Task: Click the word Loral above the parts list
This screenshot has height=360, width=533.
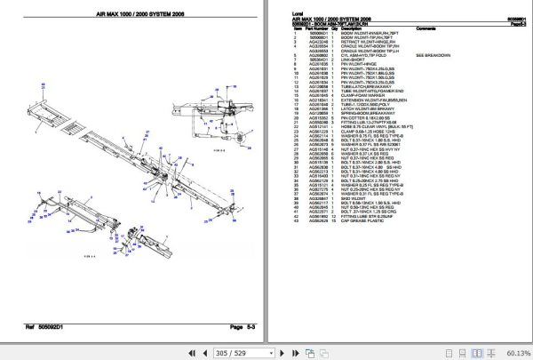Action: point(298,14)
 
